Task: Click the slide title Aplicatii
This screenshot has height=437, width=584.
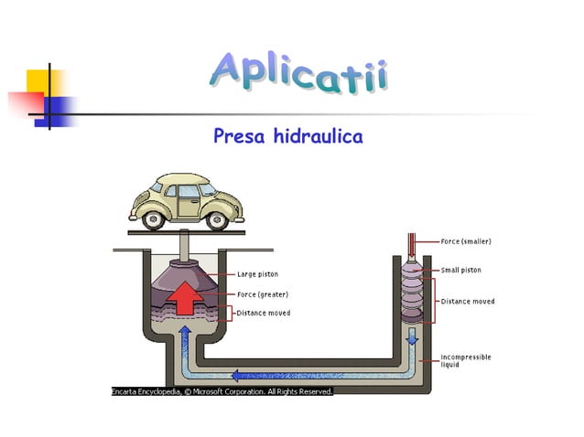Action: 299,72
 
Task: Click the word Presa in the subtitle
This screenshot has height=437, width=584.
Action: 239,135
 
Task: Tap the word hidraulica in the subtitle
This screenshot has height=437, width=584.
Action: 319,135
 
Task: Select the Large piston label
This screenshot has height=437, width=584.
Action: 258,274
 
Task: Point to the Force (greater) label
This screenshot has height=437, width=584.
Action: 263,294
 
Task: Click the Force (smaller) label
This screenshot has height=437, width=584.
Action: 466,241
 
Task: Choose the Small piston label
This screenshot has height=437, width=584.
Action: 461,270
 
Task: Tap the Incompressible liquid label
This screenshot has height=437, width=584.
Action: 466,361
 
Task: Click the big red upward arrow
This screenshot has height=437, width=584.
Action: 185,298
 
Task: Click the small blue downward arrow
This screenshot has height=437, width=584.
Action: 412,336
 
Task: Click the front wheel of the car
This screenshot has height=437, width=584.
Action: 217,221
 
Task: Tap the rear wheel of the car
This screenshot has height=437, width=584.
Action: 154,220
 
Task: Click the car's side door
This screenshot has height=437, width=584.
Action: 189,201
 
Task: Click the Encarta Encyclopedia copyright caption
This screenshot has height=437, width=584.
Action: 222,391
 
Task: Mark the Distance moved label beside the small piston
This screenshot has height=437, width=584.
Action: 468,302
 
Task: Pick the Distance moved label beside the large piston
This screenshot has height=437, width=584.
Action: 264,313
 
